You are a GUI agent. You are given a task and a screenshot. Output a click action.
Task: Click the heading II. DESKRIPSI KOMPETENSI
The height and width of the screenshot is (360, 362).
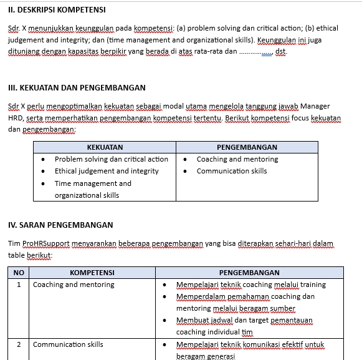[57, 10]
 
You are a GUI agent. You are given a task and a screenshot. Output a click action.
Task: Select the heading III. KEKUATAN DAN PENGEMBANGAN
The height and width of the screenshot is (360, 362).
[77, 88]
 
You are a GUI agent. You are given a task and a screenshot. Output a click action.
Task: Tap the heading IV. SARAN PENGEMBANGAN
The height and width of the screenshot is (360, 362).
[60, 225]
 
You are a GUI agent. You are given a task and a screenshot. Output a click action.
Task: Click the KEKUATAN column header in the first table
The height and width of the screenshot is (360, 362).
[105, 147]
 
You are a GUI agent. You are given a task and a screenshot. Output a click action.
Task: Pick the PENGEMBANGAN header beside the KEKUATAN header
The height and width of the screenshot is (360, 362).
[247, 147]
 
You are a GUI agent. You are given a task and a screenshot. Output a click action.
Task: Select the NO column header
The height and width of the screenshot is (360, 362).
[19, 273]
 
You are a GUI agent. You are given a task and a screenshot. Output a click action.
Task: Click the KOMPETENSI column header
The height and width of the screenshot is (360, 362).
[92, 273]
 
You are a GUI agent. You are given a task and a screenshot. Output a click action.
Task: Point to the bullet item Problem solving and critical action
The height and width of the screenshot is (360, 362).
[111, 159]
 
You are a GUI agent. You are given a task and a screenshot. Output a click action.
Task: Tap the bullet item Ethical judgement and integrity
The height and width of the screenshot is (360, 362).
[107, 171]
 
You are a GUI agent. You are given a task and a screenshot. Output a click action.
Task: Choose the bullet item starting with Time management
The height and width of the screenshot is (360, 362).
[93, 183]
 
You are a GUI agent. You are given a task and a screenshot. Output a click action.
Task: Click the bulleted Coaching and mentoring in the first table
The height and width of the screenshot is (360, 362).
[237, 159]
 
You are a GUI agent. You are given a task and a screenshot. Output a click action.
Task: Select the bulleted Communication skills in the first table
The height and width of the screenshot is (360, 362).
[231, 171]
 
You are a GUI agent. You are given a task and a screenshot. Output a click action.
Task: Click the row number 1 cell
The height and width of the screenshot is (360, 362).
[19, 285]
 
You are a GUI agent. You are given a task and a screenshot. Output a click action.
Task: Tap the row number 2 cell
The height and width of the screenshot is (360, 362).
[19, 344]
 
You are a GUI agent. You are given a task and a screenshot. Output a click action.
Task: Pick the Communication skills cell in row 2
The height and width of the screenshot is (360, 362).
[68, 344]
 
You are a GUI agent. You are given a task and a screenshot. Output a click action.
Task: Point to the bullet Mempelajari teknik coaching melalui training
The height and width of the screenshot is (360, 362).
[250, 285]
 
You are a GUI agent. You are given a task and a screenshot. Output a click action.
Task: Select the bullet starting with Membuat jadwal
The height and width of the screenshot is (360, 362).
[244, 320]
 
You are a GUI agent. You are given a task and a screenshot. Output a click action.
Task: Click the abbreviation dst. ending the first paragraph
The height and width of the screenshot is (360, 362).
[280, 51]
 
